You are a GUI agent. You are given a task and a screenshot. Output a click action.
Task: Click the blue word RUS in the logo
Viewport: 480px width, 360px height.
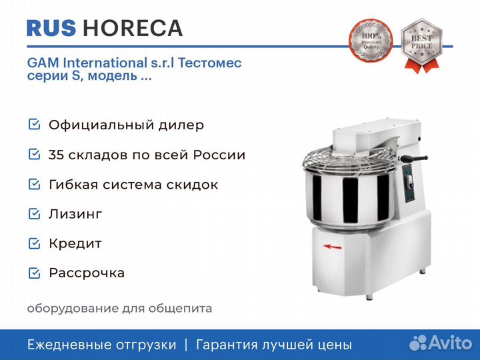coord(51,28)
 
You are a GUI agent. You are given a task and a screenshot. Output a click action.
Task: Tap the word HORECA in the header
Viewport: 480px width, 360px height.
coord(133,28)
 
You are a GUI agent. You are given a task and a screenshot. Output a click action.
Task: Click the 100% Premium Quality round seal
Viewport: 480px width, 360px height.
coord(371,41)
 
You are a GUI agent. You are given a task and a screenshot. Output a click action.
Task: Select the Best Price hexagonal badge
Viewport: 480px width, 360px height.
coord(421,45)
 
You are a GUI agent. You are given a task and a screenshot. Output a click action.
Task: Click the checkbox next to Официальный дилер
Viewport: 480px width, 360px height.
coord(34,125)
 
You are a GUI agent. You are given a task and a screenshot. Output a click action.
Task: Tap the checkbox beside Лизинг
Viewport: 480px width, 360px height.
coord(34,214)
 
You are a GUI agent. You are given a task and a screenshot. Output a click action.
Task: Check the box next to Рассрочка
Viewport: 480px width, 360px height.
coord(34,273)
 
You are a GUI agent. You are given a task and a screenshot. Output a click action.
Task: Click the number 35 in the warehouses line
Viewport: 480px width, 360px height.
coord(56,155)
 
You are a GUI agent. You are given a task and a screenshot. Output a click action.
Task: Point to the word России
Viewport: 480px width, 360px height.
coord(219,155)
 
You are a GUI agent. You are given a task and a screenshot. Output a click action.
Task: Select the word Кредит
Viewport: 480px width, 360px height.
coord(75,244)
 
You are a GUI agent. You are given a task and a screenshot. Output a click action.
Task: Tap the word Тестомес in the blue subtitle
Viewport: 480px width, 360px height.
coord(210,63)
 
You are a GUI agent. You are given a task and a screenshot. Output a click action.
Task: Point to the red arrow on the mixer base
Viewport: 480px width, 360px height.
coord(332,247)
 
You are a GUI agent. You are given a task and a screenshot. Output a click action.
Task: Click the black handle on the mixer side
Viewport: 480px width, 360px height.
coord(414,158)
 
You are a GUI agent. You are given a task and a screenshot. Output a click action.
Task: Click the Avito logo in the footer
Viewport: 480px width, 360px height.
coord(441,343)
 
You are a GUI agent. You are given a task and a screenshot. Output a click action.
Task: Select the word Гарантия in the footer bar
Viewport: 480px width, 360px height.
coord(227,345)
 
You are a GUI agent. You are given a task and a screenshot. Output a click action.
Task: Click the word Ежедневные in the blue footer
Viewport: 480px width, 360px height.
coord(65,345)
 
